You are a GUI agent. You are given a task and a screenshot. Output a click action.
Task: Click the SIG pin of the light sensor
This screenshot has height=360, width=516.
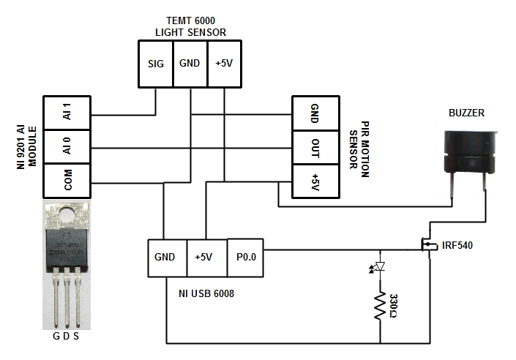(x=155, y=64)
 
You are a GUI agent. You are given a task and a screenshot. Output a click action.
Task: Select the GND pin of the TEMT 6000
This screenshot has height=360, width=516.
(x=190, y=64)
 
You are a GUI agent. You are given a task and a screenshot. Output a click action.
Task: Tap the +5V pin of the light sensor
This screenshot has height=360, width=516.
(x=224, y=64)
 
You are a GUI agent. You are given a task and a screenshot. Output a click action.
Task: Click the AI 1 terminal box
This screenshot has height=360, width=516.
(x=67, y=113)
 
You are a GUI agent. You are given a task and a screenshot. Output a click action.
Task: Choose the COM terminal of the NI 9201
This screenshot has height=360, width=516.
(x=67, y=180)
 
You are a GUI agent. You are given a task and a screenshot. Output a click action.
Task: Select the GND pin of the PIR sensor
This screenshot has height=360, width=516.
(x=315, y=113)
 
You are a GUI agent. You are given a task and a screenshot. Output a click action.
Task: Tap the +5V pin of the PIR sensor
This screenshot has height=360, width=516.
(x=315, y=181)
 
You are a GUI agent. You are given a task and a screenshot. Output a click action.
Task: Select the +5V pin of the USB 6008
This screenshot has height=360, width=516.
(x=206, y=257)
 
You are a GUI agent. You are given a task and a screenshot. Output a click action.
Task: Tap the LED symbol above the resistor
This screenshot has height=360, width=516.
(x=380, y=268)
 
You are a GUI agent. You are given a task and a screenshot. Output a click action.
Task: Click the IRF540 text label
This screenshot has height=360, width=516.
(x=457, y=245)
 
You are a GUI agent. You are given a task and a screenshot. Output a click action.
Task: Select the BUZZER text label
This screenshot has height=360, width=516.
(x=467, y=113)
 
